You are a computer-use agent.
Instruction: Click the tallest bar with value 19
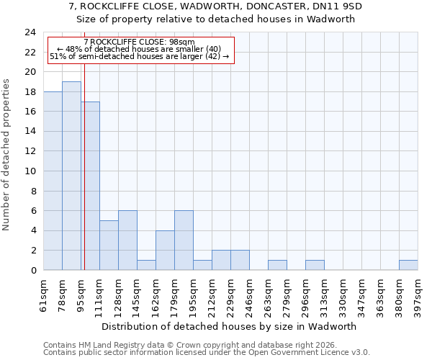coord(71,176)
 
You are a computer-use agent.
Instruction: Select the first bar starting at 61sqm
coord(53,181)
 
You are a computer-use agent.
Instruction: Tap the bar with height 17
coord(90,186)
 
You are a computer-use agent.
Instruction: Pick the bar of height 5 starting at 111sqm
coord(109,246)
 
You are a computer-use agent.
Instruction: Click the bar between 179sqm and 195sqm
coord(184,240)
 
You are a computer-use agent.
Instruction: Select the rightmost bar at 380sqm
coord(408,265)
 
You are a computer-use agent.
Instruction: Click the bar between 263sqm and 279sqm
coord(277,265)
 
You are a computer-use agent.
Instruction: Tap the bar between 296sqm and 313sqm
coord(315,265)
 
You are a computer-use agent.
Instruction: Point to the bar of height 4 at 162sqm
coord(165,251)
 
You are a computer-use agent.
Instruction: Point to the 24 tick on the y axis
coord(30,32)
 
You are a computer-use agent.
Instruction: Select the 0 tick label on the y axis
coord(33,271)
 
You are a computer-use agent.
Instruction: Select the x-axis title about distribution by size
coord(230,326)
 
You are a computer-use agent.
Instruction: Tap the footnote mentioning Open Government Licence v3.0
coord(207,353)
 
